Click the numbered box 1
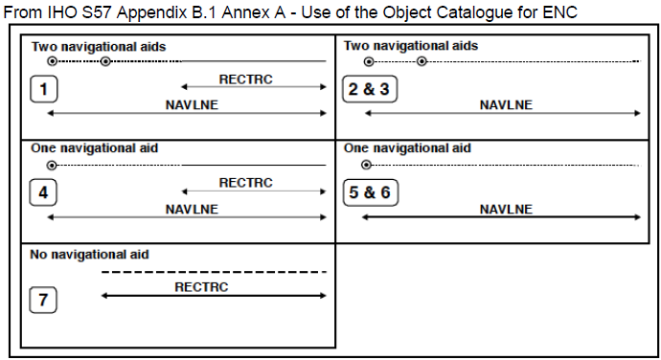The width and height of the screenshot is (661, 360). [x=43, y=89]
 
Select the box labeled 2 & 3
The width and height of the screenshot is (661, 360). [x=370, y=89]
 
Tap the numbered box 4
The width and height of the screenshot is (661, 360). [x=43, y=192]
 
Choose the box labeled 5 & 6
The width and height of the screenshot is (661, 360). [x=370, y=192]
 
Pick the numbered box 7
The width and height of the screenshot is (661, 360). [x=43, y=300]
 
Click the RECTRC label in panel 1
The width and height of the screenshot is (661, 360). [x=246, y=79]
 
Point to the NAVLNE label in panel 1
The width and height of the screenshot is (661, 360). [x=192, y=105]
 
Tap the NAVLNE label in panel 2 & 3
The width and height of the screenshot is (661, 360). [x=506, y=105]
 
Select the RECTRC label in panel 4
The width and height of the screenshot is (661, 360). [x=246, y=183]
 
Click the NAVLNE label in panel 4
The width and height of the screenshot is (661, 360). [x=192, y=210]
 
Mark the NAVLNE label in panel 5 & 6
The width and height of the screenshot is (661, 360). [x=506, y=210]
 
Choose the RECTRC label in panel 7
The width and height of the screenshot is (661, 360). [x=201, y=287]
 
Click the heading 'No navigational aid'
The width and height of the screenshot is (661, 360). [x=89, y=255]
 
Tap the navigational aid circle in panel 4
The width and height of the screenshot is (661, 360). [x=52, y=166]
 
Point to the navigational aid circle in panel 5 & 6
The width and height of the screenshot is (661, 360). [x=366, y=165]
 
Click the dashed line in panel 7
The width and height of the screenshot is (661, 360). [x=215, y=272]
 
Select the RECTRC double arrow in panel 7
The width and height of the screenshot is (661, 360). [x=214, y=296]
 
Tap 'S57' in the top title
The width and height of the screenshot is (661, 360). [x=97, y=12]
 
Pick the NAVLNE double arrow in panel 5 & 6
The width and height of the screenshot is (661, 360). [x=501, y=217]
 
